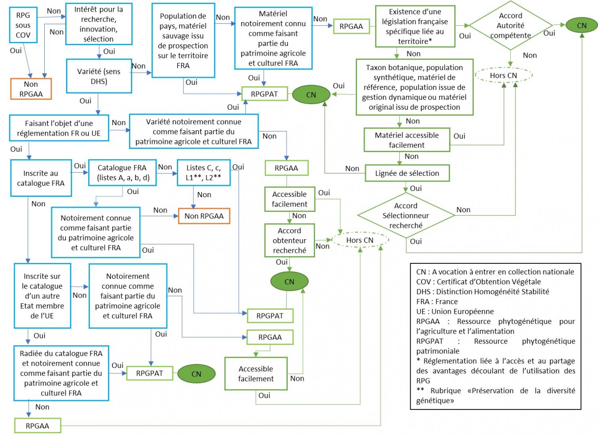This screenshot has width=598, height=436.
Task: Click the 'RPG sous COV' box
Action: click(x=23, y=25)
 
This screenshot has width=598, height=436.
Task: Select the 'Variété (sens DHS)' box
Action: click(x=99, y=76)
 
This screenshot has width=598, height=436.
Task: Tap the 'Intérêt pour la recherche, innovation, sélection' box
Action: click(x=99, y=24)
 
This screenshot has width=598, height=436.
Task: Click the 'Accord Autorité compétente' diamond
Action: click(x=511, y=25)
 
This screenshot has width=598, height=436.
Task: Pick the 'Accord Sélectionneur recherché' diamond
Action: click(x=406, y=215)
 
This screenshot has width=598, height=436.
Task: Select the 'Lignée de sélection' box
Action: click(x=407, y=173)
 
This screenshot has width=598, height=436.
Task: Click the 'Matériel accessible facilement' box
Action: click(x=407, y=140)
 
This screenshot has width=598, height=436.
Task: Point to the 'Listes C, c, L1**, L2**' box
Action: click(x=203, y=173)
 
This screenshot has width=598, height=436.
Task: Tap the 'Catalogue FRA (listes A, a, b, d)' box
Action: click(x=123, y=173)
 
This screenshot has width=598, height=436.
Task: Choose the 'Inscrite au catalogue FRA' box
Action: click(x=41, y=178)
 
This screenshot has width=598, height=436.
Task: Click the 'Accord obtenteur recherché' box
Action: click(x=289, y=240)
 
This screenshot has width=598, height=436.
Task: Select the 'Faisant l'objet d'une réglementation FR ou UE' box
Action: click(x=59, y=128)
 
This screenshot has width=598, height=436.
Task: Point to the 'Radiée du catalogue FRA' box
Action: click(x=61, y=373)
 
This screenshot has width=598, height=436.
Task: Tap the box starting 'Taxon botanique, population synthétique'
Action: click(x=414, y=87)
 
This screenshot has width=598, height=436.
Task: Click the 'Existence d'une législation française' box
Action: click(x=415, y=26)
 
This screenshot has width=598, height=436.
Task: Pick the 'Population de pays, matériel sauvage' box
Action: click(x=183, y=40)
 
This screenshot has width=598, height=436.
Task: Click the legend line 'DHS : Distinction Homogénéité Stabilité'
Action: click(x=482, y=292)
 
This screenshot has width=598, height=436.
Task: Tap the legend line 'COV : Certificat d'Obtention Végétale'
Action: click(x=478, y=282)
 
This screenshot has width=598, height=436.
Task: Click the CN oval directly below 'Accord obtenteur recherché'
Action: click(x=289, y=282)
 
